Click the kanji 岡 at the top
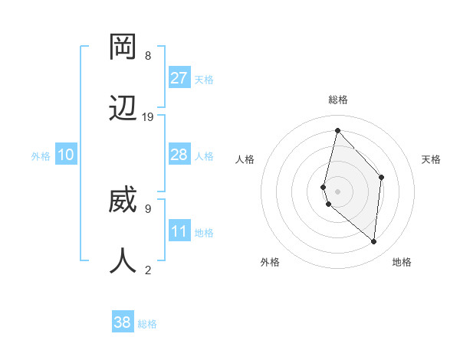coord(123,47)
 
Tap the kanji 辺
coord(123,108)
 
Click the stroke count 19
coord(148,116)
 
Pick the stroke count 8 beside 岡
coord(148,55)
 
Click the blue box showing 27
coord(179,78)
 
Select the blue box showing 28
coord(179,155)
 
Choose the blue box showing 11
coord(179,231)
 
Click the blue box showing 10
coord(66,155)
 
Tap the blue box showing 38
coord(123,322)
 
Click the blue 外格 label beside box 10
coord(41,155)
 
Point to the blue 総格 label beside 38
coord(147,324)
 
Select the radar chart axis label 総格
coord(338,100)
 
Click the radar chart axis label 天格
coord(431,159)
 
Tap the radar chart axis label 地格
coord(402,262)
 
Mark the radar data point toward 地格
coord(374,241)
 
